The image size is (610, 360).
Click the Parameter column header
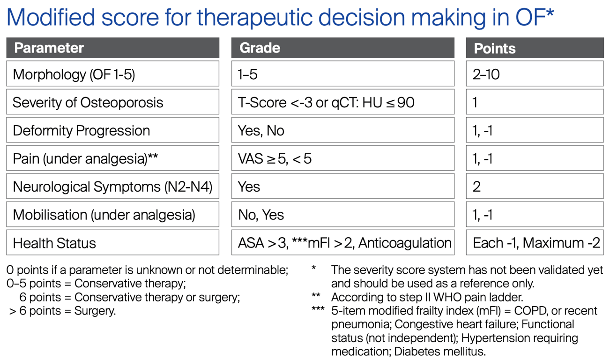[113, 48]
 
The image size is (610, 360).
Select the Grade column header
[343, 48]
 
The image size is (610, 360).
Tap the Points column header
[535, 48]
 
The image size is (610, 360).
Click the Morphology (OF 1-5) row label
[113, 74]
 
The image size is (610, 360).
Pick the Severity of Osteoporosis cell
[113, 102]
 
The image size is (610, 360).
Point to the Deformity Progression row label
[113, 130]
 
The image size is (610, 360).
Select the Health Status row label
[113, 242]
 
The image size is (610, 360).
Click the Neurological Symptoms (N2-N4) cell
[113, 186]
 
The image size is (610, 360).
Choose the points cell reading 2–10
[535, 74]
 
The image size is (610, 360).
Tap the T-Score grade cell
[343, 102]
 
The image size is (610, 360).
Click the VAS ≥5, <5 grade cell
[343, 158]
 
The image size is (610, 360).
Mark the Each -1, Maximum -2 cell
[535, 242]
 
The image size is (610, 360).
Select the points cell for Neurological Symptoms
[535, 186]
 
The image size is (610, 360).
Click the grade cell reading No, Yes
[343, 214]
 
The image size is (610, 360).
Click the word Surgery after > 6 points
[95, 311]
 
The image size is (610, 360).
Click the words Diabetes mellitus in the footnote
[439, 352]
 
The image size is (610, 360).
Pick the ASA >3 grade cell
[343, 242]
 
